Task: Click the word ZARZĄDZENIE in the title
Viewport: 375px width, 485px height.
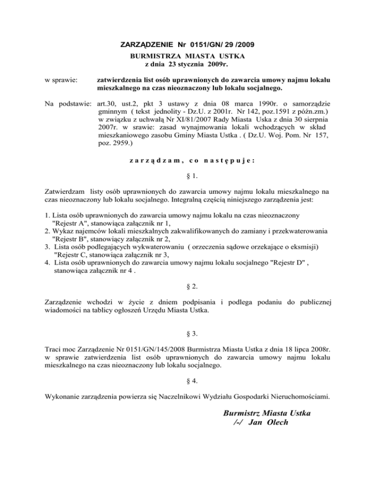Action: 144,45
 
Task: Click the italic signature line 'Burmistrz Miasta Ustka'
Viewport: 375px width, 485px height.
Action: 267,413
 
